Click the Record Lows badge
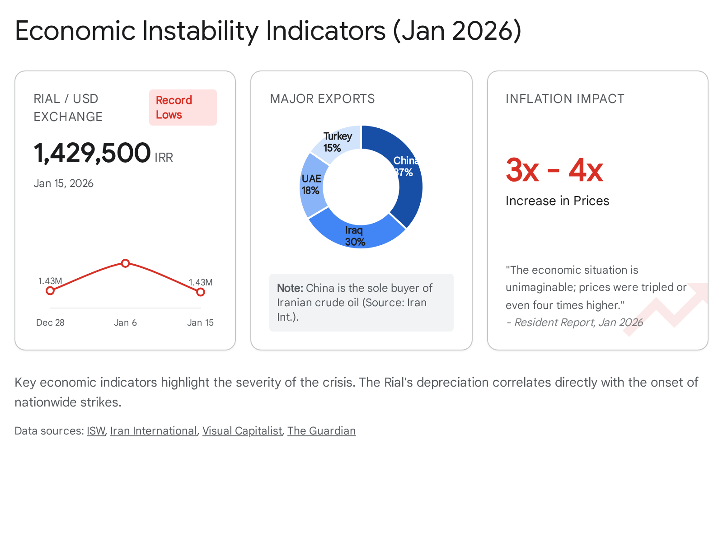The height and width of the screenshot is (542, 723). coord(183,107)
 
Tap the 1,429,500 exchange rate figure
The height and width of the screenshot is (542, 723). coord(92,153)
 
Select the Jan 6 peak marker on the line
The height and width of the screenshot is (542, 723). coord(126,263)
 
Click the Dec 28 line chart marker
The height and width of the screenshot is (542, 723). coord(50,291)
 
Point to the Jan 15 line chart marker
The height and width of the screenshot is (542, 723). coord(201,292)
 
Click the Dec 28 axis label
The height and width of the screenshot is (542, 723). coord(50,322)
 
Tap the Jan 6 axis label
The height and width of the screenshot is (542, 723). coord(125,322)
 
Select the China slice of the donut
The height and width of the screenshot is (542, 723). coord(405,181)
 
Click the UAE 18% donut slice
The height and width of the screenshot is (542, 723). coord(312,185)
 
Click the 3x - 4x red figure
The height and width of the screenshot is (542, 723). coord(554,170)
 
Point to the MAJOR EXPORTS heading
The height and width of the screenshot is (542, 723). coord(322,98)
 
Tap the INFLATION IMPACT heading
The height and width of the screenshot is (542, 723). coord(565,98)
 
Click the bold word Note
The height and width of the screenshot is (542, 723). coord(290,288)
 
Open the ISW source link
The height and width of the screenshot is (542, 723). coord(96,431)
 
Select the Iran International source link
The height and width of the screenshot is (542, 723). coord(153,431)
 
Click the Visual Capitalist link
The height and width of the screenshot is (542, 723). coord(242,431)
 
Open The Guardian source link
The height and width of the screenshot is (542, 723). coord(321,431)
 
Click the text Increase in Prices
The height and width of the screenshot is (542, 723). coord(557,201)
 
